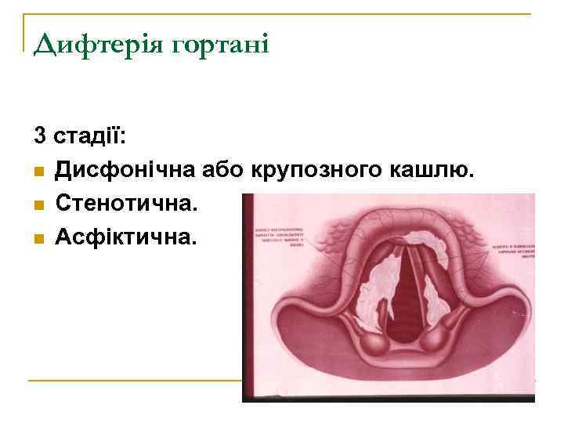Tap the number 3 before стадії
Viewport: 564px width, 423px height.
(39, 136)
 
